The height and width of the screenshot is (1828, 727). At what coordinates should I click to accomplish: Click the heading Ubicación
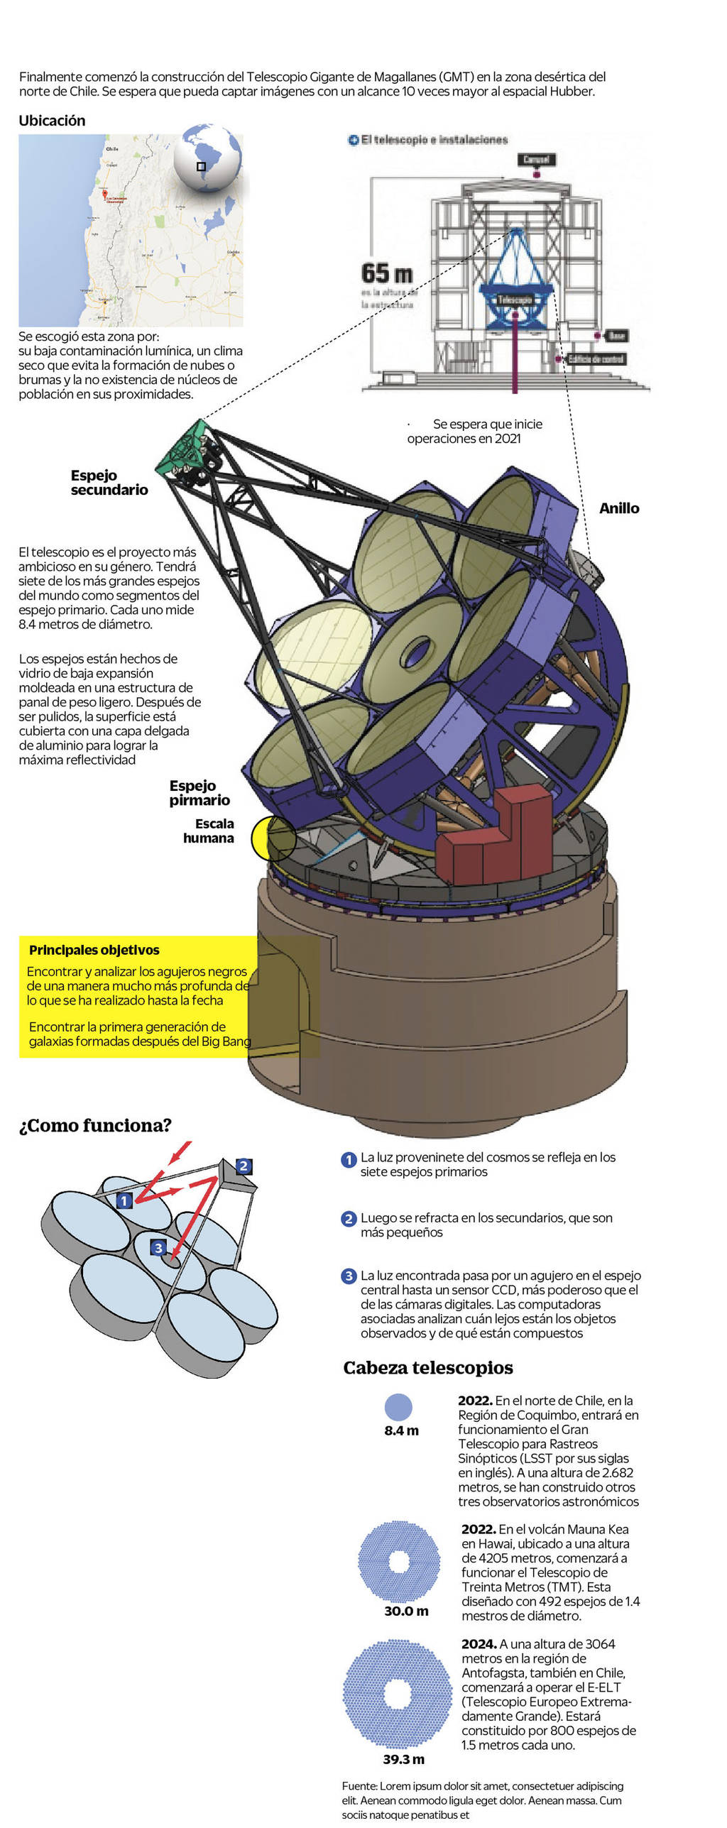click(x=52, y=121)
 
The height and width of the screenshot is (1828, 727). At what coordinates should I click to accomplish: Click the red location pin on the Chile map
click(x=105, y=194)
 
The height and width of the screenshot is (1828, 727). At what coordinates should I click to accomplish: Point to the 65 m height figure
click(x=386, y=273)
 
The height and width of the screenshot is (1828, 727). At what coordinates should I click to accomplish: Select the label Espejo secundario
click(x=109, y=483)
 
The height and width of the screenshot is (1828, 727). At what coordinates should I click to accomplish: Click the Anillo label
click(x=618, y=508)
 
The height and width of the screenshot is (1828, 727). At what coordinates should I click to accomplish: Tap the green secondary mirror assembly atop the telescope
click(x=187, y=447)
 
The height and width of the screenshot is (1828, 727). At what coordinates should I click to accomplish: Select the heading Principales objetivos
click(x=94, y=950)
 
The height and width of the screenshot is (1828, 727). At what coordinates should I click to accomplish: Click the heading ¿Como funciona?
click(x=95, y=1125)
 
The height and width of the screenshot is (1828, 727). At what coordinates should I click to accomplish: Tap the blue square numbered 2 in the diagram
click(x=243, y=1166)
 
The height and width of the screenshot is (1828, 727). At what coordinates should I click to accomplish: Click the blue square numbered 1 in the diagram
click(x=124, y=1200)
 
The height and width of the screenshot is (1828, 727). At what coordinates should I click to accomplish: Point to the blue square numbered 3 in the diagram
click(x=158, y=1248)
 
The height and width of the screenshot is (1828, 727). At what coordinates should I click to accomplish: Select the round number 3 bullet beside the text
click(x=349, y=1276)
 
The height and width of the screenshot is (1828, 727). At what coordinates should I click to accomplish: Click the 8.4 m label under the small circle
click(x=401, y=1430)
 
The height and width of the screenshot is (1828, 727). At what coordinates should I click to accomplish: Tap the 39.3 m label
click(x=403, y=1759)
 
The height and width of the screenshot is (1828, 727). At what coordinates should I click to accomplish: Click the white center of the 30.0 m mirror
click(x=398, y=1561)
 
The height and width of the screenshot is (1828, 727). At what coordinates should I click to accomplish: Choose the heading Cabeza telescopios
click(x=427, y=1368)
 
